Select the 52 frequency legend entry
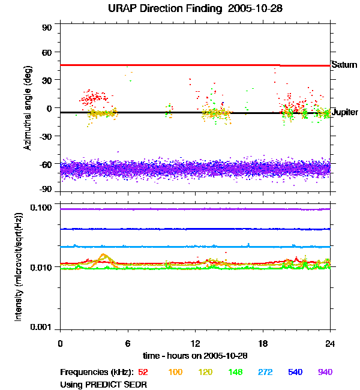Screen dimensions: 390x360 click(143, 372)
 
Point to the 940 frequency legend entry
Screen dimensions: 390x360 click(325, 372)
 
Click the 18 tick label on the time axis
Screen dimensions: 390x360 click(263, 344)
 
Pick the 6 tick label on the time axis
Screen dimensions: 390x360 click(127, 344)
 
